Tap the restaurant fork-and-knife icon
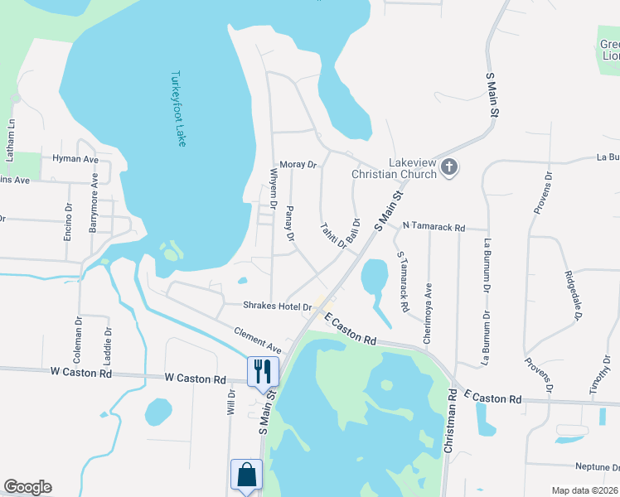click(263, 370)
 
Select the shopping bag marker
click(247, 475)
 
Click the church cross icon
click(449, 167)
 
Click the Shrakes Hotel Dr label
click(277, 306)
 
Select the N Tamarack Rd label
click(434, 226)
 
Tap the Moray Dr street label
click(298, 165)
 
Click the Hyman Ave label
click(75, 158)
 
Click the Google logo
click(27, 487)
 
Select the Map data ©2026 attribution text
click(584, 490)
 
